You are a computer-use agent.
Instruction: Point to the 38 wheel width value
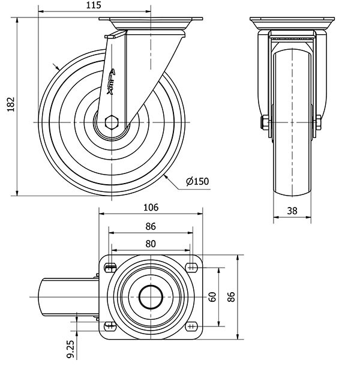291,210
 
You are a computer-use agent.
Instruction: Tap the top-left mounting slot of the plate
110,267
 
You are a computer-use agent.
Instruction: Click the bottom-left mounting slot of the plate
110,325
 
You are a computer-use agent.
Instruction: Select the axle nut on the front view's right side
319,124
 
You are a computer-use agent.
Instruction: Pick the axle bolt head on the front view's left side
263,124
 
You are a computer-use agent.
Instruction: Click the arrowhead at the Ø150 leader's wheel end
164,176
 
